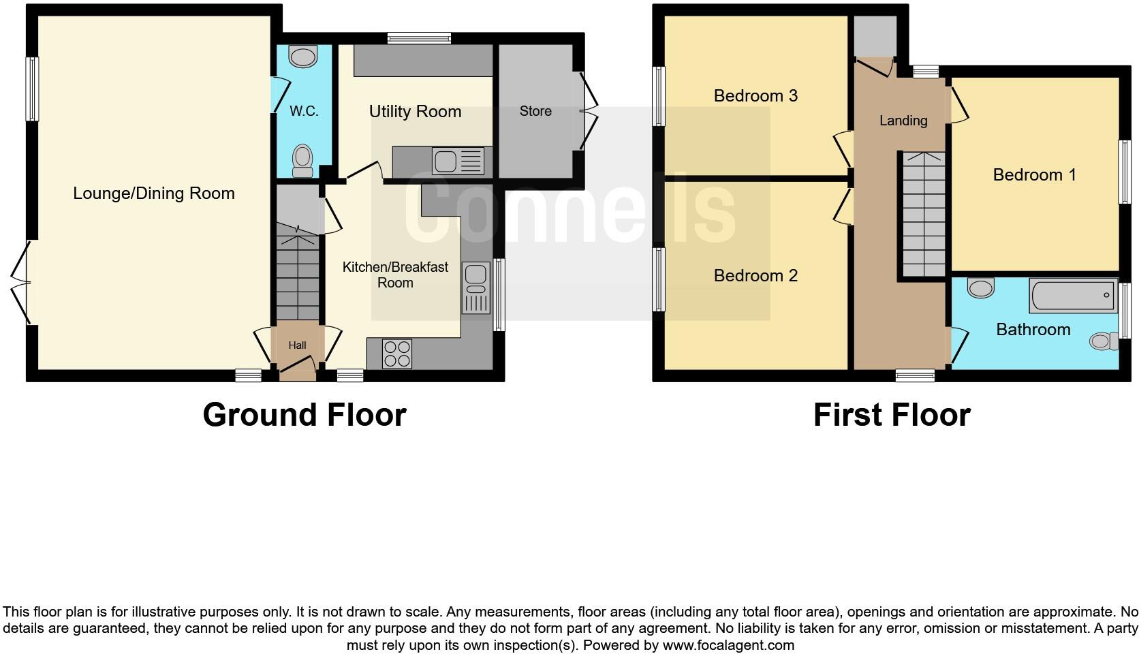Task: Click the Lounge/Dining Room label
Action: tap(154, 193)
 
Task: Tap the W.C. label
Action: tap(304, 111)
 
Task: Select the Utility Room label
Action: tap(415, 112)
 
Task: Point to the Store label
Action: tap(535, 111)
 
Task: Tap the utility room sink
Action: tap(458, 161)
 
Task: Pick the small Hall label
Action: tap(297, 345)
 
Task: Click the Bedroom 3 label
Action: tap(755, 96)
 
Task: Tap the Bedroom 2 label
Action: tap(755, 276)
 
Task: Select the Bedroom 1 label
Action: tap(1034, 175)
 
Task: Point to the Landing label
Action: tap(903, 121)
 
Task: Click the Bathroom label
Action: tap(1033, 330)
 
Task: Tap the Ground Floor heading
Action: tap(305, 415)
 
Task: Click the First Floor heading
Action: tap(892, 415)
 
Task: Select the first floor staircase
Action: tap(924, 215)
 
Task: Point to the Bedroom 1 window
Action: tap(1125, 172)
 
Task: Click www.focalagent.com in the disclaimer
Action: tap(728, 644)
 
